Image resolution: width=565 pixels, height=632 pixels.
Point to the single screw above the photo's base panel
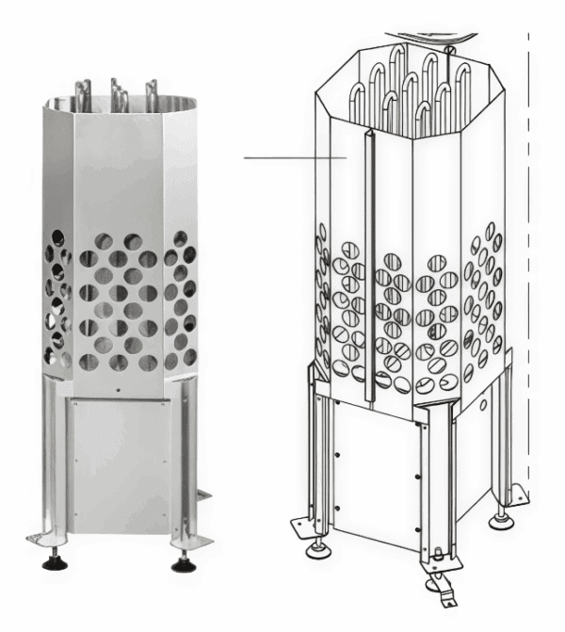pyautogui.click(x=118, y=388)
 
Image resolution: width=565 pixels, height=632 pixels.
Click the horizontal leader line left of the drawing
pyautogui.click(x=292, y=157)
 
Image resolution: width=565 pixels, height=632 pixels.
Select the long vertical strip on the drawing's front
pyautogui.click(x=368, y=264)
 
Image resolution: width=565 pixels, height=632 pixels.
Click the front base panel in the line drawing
pyautogui.click(x=372, y=471)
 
